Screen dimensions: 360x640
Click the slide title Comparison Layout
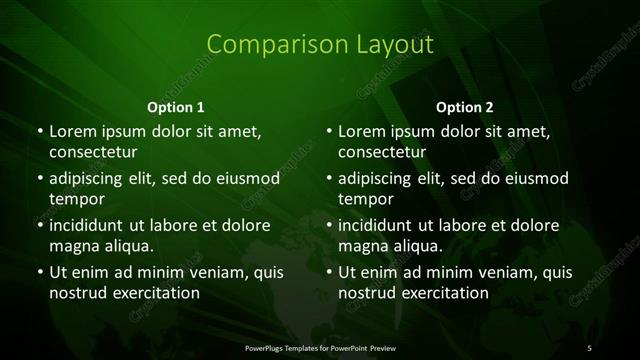pos(320,45)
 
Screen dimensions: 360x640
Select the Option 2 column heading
pos(465,106)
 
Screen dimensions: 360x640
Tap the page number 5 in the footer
pos(589,346)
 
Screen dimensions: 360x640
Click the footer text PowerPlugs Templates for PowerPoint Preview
pos(319,346)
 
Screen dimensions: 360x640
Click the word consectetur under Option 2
pos(382,152)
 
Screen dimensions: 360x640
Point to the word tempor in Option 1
pos(73,198)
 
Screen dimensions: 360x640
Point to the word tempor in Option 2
pos(363,198)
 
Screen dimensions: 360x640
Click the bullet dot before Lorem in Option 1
pos(39,132)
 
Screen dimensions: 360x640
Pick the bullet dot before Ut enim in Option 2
pos(329,272)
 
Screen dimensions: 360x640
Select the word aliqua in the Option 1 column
pos(128,245)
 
